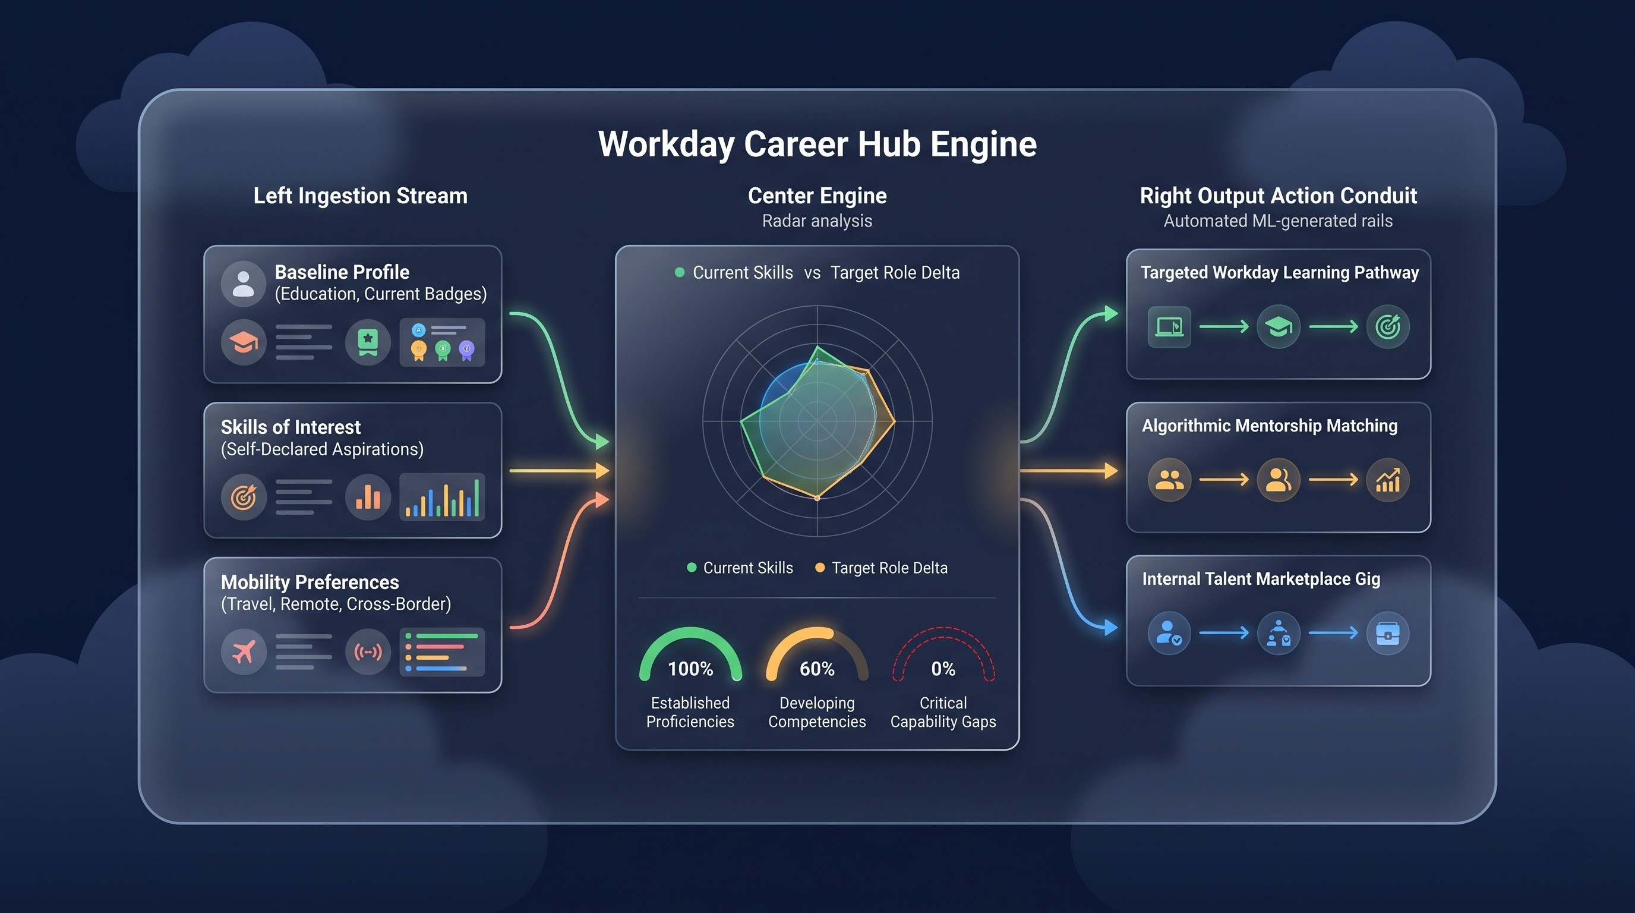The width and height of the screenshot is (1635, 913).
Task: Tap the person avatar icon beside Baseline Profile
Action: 243,284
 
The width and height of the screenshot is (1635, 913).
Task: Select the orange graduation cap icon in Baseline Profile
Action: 243,343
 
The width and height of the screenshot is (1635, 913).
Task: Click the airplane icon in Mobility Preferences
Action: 243,651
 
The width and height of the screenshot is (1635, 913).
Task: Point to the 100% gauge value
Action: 690,669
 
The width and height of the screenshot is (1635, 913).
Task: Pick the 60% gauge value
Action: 817,669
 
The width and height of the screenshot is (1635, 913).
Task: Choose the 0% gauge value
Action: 943,669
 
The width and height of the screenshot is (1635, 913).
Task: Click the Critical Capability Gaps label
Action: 943,712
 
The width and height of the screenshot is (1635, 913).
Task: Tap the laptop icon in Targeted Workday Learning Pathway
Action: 1169,327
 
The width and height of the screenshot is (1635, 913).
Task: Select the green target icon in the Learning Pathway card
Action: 1387,327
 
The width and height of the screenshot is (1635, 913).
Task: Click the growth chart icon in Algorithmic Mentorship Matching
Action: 1387,480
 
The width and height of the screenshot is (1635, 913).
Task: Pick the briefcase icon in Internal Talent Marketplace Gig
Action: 1387,633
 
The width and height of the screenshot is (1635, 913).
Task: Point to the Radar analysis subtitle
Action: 817,221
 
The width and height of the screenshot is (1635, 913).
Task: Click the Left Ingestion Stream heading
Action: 361,196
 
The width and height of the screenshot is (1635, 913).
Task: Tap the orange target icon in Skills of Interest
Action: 243,497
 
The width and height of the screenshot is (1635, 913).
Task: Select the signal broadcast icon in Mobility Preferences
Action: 368,651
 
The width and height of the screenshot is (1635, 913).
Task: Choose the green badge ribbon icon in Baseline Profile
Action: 368,343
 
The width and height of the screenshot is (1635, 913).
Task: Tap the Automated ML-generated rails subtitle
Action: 1278,221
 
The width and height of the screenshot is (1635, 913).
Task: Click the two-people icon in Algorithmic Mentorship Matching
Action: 1169,480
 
